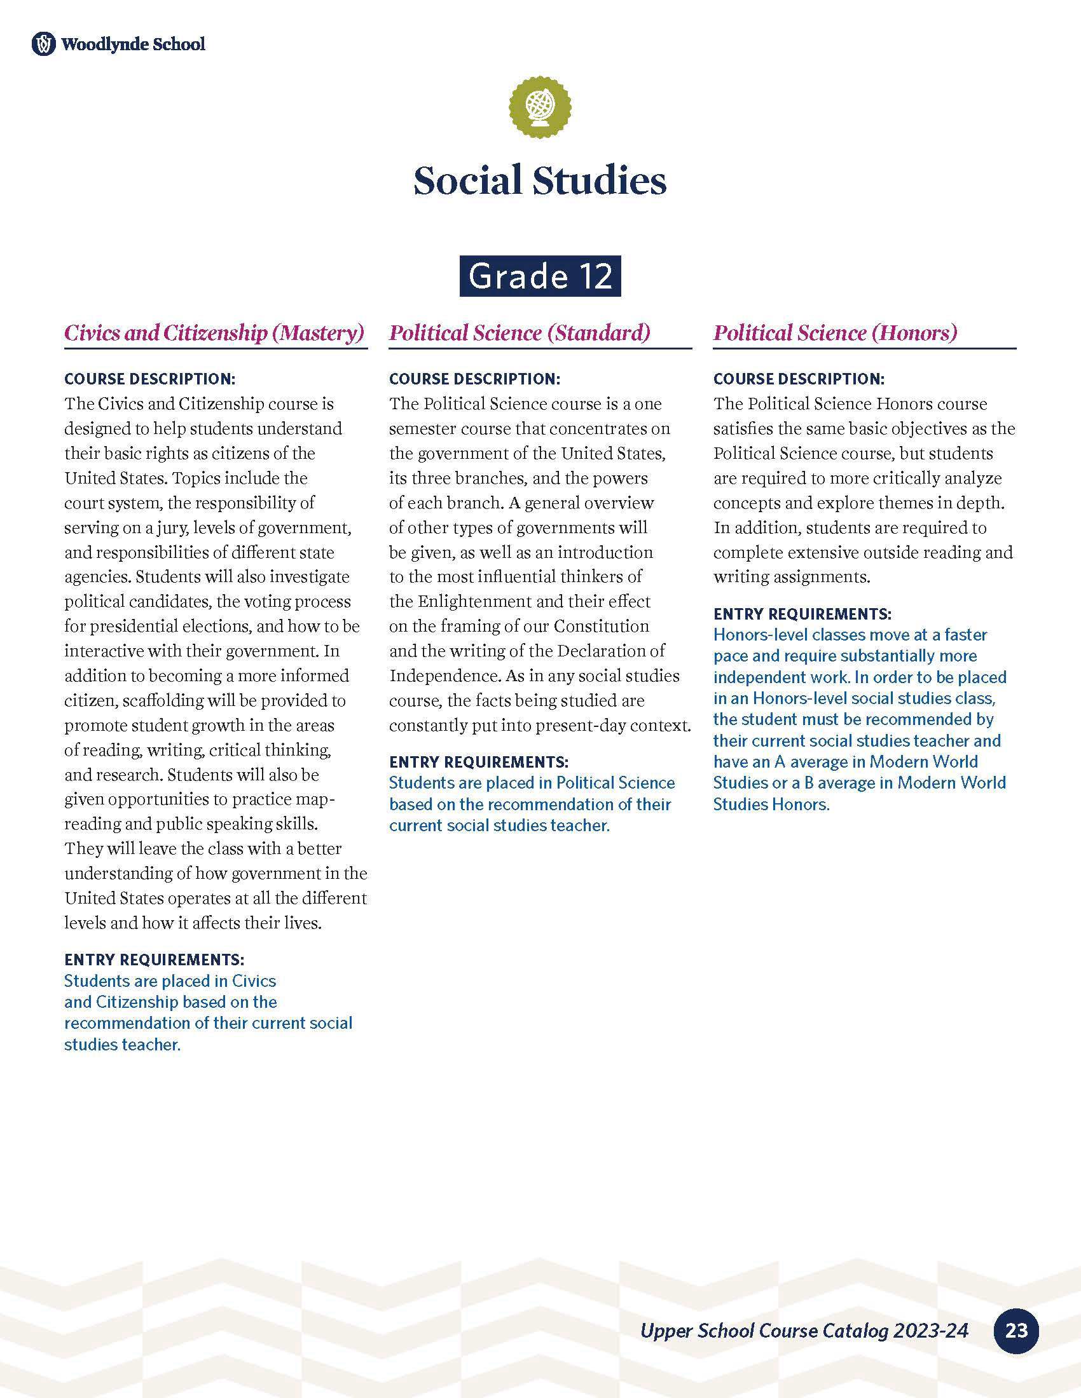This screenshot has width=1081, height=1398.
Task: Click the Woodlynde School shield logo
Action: [x=43, y=44]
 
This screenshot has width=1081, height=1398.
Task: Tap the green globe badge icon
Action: [x=540, y=107]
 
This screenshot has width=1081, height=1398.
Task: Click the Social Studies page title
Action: [x=540, y=180]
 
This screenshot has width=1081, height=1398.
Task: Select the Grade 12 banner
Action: [x=540, y=276]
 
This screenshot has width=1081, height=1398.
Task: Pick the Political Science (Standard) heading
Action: [x=520, y=333]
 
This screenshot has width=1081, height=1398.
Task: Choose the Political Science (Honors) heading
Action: [x=835, y=333]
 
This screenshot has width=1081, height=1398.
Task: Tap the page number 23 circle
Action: [x=1016, y=1331]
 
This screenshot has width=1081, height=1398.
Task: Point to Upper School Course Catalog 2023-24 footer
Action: [x=804, y=1331]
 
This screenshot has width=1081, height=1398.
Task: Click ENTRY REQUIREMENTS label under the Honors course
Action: [x=802, y=614]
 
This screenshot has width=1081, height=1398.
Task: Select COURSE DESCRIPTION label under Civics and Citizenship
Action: [x=150, y=379]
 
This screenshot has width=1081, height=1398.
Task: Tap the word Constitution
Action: [x=602, y=626]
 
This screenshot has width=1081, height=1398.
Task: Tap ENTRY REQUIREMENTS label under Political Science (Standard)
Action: [x=478, y=762]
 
